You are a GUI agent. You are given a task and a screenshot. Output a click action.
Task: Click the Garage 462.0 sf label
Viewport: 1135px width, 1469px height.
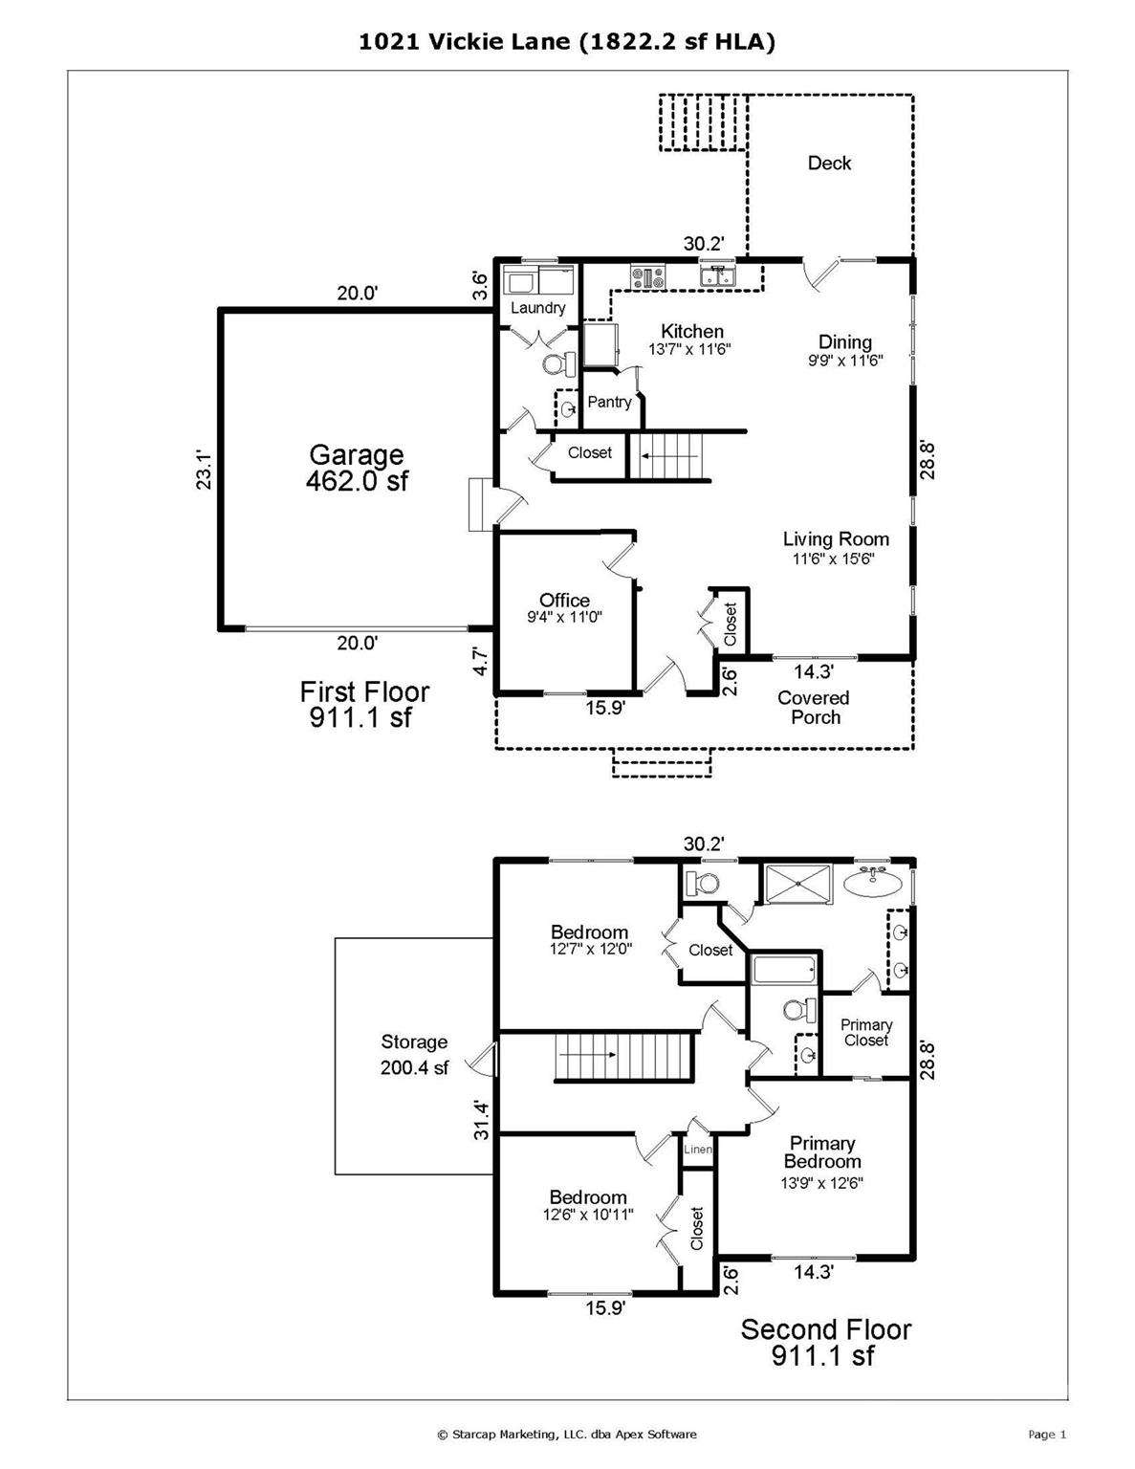point(357,467)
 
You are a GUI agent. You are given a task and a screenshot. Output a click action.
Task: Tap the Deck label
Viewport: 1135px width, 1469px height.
point(830,163)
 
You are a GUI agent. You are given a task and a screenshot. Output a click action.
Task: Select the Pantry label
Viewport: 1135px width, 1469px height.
point(609,403)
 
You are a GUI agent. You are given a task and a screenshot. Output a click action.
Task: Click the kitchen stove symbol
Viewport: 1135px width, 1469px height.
point(648,277)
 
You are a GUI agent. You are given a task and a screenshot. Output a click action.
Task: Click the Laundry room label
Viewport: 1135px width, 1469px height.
point(537,308)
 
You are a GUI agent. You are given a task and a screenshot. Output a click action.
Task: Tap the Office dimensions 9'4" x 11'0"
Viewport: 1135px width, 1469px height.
point(564,617)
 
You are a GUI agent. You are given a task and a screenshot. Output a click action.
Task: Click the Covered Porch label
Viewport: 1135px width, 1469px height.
point(814,708)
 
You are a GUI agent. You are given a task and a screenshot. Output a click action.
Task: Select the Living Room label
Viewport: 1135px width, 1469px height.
point(836,539)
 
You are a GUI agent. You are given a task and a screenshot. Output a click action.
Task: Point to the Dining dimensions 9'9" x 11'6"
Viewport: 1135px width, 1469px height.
point(846,361)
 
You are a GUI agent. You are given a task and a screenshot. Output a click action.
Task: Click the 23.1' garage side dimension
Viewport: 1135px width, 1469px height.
point(204,470)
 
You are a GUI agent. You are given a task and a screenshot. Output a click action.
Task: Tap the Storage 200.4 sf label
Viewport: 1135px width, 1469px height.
point(414,1055)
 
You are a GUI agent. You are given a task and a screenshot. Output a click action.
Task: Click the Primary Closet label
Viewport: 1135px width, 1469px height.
point(866,1032)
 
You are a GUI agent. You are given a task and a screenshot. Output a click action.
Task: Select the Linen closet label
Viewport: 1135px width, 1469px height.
point(698,1149)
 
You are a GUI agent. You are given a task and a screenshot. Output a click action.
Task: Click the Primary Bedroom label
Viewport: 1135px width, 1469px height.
point(822,1151)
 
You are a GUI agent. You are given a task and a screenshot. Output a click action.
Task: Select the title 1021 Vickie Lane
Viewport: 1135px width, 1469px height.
point(464,42)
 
